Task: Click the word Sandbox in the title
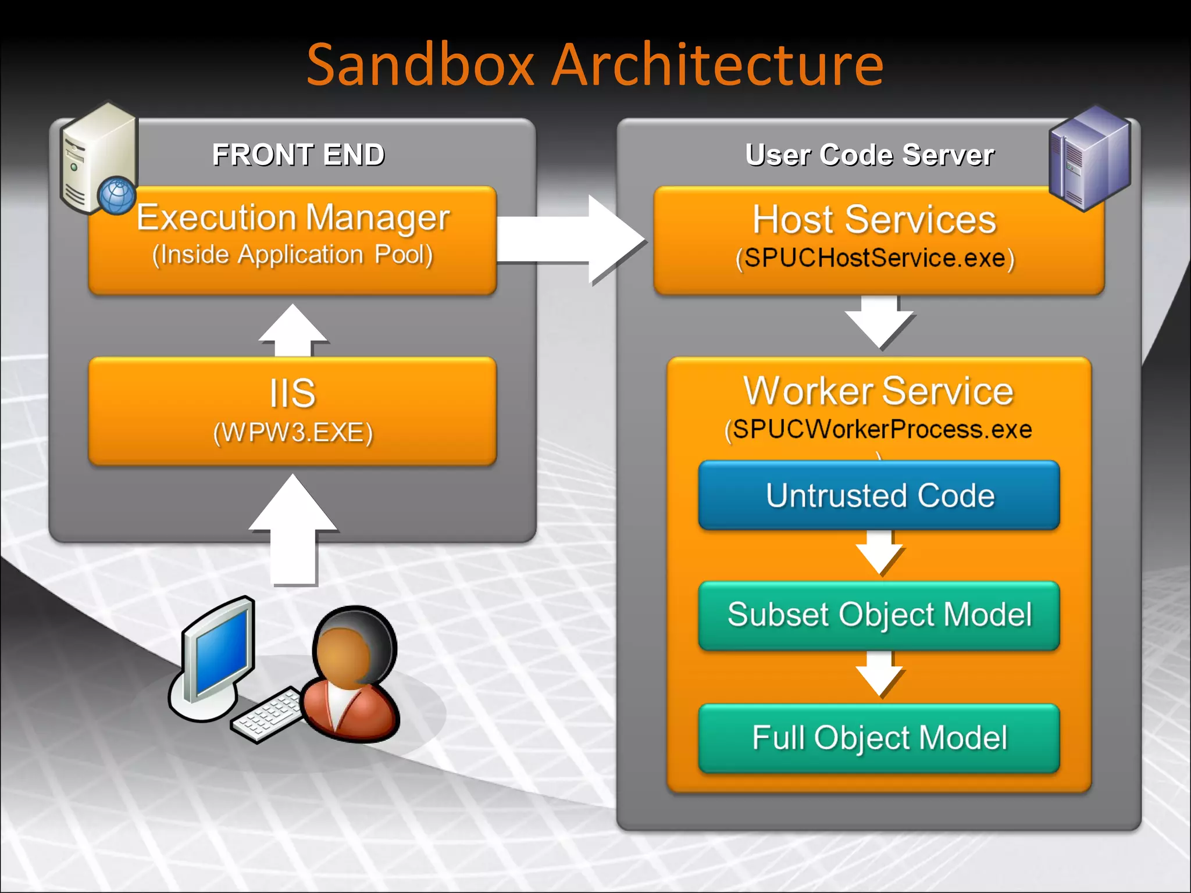(420, 65)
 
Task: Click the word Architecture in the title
(718, 65)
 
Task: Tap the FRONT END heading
(298, 155)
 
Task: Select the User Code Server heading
(869, 155)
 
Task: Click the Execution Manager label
(293, 218)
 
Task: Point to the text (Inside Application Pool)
(293, 255)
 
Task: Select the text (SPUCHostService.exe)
(875, 258)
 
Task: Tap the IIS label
(293, 394)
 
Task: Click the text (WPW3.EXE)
(293, 433)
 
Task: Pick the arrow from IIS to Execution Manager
(293, 331)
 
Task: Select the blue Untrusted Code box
(879, 495)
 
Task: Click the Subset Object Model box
(879, 615)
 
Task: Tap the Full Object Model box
(879, 738)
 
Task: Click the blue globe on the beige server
(117, 195)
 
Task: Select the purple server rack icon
(1089, 158)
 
